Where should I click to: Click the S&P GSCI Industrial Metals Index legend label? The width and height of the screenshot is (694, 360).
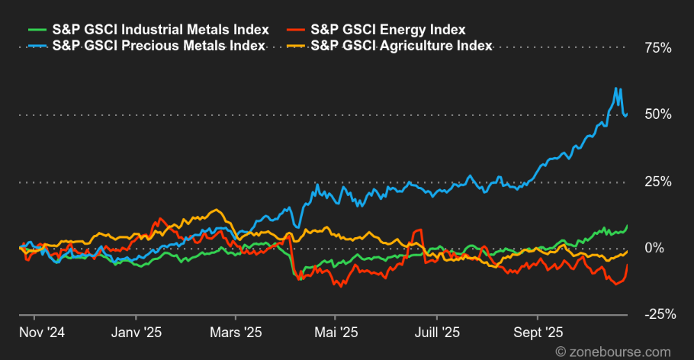pyautogui.click(x=160, y=30)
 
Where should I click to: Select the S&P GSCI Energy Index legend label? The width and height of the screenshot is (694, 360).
pyautogui.click(x=388, y=30)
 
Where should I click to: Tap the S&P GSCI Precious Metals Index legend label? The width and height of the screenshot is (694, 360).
pyautogui.click(x=158, y=45)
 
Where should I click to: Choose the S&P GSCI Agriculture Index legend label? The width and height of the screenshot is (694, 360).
pyautogui.click(x=401, y=45)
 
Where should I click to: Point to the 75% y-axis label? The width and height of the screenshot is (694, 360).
pyautogui.click(x=657, y=48)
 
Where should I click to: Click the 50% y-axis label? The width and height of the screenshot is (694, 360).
pyautogui.click(x=657, y=114)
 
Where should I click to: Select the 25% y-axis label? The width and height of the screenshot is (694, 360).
pyautogui.click(x=657, y=182)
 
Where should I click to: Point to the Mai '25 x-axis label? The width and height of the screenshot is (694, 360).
pyautogui.click(x=336, y=333)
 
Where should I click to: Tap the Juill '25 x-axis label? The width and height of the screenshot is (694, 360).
pyautogui.click(x=437, y=333)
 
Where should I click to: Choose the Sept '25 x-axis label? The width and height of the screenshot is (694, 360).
pyautogui.click(x=538, y=333)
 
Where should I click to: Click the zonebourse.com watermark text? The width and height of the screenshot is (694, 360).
pyautogui.click(x=615, y=352)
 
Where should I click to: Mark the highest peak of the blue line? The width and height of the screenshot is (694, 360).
pyautogui.click(x=616, y=88)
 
